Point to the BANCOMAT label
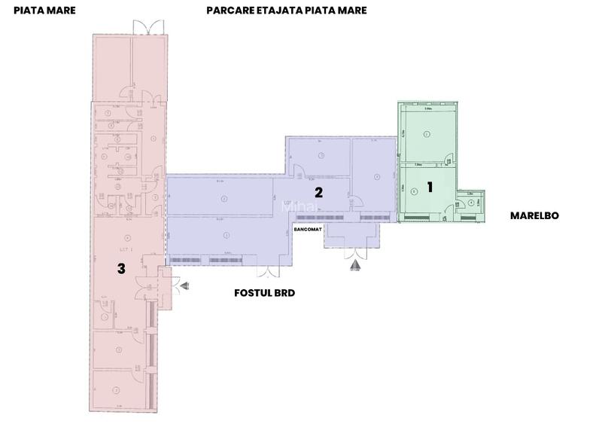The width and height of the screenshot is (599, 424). coord(308,227)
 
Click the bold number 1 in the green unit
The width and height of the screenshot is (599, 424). coord(430,187)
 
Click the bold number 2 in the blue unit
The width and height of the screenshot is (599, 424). coord(318,192)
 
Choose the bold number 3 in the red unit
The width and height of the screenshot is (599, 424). coord(120,267)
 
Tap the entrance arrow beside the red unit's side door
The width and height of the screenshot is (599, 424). coord(185,284)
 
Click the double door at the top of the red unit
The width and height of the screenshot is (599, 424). coord(144,26)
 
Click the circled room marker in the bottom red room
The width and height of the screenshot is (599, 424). coord(117,389)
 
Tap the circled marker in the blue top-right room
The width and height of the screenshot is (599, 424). coord(376,178)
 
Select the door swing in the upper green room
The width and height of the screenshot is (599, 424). coord(448,158)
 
